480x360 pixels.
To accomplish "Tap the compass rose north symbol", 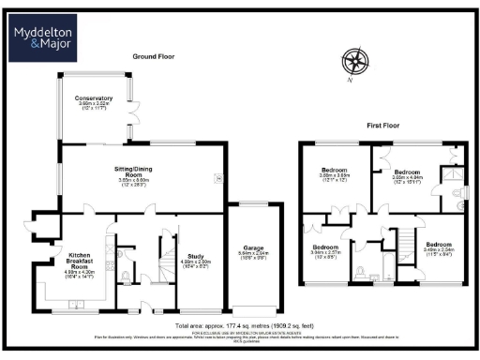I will coord(354,62).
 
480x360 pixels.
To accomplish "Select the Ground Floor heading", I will coord(153,56).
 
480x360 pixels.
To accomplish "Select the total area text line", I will coord(239,321).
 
